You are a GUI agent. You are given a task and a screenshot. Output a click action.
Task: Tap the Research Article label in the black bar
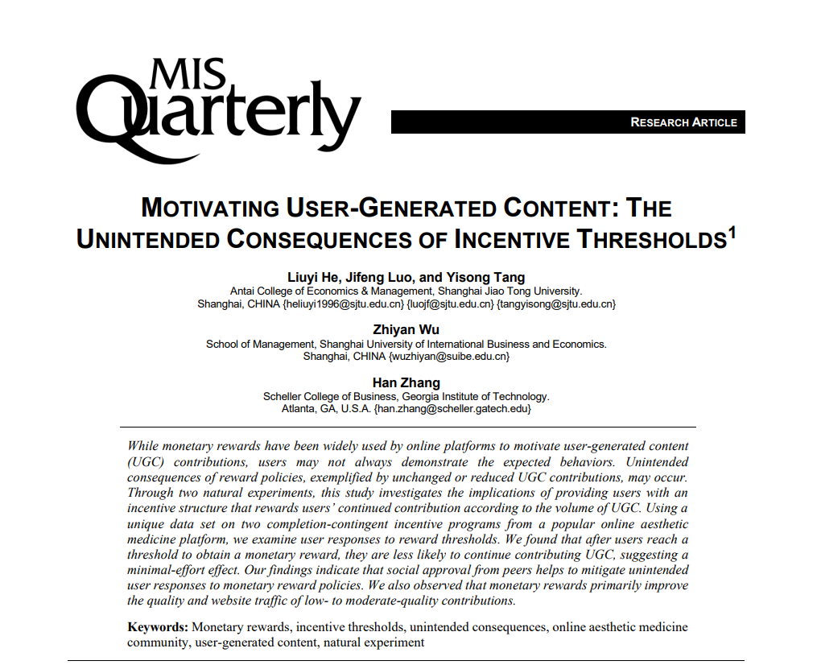point(683,122)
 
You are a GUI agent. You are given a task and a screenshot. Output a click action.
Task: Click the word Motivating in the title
point(210,209)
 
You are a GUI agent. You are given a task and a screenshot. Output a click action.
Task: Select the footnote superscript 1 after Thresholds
point(732,233)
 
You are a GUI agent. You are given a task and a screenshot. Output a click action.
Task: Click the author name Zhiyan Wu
point(406,330)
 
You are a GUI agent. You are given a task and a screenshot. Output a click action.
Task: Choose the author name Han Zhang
point(406,382)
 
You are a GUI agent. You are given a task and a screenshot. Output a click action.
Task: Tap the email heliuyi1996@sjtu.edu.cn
point(344,304)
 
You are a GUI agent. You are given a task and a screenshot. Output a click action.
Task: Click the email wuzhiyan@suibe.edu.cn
point(448,357)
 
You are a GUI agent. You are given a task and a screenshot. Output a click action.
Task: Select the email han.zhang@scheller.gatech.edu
point(452,409)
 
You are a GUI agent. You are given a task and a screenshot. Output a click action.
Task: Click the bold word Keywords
point(158,627)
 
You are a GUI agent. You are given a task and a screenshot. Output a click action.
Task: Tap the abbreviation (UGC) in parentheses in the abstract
point(145,462)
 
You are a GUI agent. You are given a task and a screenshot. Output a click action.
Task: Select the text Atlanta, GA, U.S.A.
point(326,409)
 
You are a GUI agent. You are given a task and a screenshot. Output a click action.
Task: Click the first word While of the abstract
point(143,446)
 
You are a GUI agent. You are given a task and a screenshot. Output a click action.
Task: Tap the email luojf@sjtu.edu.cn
point(450,304)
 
